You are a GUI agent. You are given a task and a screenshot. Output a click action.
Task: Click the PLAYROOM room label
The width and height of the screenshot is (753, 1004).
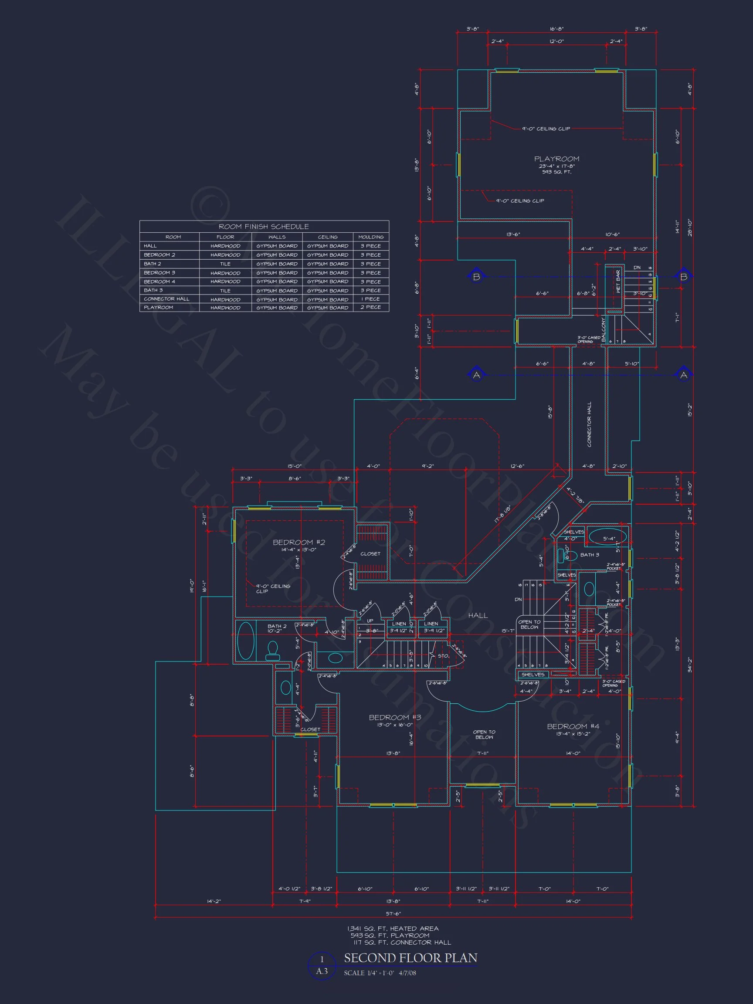(x=556, y=159)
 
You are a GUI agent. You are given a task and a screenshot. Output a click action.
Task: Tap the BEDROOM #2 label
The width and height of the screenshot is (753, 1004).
(x=298, y=543)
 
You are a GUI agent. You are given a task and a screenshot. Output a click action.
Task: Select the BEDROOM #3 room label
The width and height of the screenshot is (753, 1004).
(x=395, y=718)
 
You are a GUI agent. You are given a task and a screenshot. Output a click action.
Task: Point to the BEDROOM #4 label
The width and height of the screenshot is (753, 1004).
(x=573, y=726)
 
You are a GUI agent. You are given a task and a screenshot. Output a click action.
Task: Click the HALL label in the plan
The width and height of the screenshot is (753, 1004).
(x=478, y=615)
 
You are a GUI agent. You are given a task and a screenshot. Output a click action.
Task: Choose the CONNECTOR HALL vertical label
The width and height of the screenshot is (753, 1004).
(x=589, y=424)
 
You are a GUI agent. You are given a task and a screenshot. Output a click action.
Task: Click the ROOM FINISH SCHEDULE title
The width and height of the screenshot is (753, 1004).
(x=264, y=227)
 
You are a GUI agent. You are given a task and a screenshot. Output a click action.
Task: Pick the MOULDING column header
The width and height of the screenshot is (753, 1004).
(x=371, y=237)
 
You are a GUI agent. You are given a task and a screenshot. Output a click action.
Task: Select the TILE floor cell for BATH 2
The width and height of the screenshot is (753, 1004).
(x=225, y=264)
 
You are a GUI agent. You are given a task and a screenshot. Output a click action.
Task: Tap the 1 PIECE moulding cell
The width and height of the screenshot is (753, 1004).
(x=371, y=299)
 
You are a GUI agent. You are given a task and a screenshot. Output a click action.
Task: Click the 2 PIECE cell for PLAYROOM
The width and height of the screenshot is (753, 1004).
(x=371, y=308)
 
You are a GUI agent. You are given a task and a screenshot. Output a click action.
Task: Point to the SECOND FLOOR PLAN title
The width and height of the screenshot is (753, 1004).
(x=410, y=958)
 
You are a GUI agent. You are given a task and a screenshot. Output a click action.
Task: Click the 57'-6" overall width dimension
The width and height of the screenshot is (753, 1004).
(x=393, y=913)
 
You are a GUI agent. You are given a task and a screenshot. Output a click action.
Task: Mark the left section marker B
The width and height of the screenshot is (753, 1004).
(x=476, y=276)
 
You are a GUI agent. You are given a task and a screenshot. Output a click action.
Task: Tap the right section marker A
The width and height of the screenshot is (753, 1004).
(x=684, y=375)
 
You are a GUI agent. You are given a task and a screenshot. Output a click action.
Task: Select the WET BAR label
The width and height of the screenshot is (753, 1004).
(x=618, y=282)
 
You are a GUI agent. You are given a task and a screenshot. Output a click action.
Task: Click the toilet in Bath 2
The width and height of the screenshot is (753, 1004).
(x=272, y=650)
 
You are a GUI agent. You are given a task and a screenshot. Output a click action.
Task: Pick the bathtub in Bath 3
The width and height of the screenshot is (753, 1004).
(x=608, y=536)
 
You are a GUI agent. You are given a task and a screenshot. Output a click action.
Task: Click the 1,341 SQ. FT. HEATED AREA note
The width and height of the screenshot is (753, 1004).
(x=393, y=929)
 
